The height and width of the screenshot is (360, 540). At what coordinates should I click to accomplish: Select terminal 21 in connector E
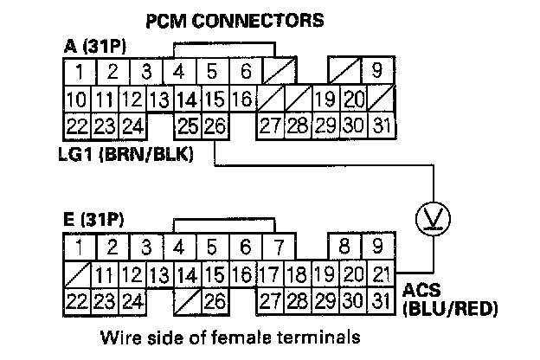[x=378, y=276]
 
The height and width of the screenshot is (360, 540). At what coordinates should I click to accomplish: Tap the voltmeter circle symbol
[x=430, y=219]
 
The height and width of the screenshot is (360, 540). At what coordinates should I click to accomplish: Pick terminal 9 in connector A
[x=378, y=70]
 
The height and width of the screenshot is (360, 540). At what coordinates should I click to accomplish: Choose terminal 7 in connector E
[x=278, y=247]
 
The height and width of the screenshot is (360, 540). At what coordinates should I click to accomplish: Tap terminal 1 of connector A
[x=79, y=70]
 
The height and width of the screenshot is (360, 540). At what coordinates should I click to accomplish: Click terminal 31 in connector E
[x=378, y=303]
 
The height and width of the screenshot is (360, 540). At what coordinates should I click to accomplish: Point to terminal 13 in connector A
[x=159, y=99]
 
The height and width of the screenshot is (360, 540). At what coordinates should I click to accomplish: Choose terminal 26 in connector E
[x=215, y=303]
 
